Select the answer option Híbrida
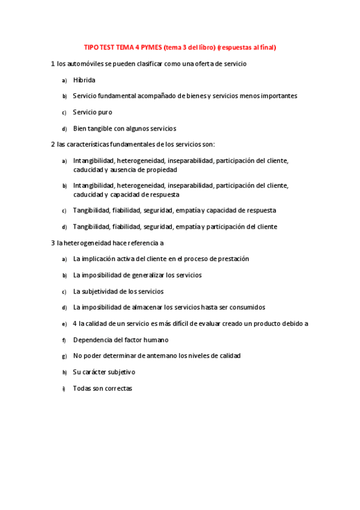click(84, 79)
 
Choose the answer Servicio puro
click(93, 112)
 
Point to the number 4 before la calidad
click(75, 324)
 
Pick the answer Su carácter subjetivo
click(104, 372)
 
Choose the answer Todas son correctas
click(102, 389)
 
